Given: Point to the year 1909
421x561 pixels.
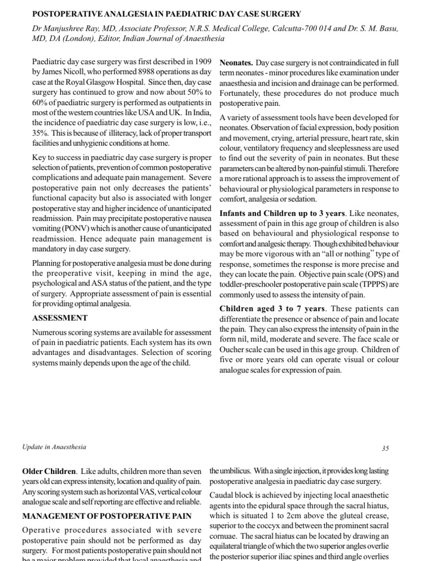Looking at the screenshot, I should (200, 62).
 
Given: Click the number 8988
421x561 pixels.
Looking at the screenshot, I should (116, 72).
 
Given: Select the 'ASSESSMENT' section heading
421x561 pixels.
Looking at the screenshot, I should (60, 317).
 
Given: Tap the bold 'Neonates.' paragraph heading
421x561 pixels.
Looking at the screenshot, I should (236, 62).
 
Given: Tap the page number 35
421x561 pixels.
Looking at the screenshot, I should (385, 448).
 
